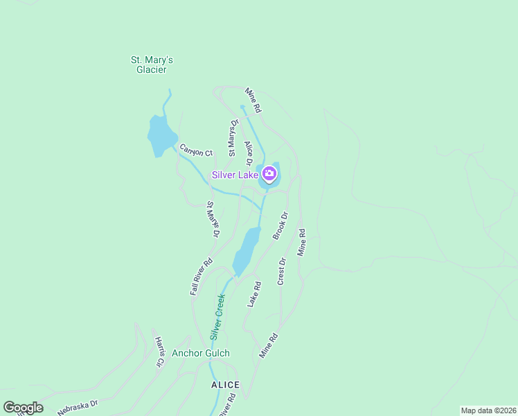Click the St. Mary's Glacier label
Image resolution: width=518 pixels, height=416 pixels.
pyautogui.click(x=152, y=64)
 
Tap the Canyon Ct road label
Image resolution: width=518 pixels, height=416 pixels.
pyautogui.click(x=196, y=150)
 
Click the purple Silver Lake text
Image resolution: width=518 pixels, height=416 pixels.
pyautogui.click(x=235, y=175)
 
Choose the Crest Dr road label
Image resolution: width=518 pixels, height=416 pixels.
pyautogui.click(x=282, y=271)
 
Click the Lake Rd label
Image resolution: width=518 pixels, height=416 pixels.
pyautogui.click(x=254, y=294)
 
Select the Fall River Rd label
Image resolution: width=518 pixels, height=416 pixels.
pyautogui.click(x=201, y=277)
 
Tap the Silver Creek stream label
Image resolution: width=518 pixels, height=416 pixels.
pyautogui.click(x=218, y=316)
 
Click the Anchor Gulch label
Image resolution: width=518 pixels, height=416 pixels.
pyautogui.click(x=201, y=353)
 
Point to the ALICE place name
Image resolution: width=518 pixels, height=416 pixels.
pyautogui.click(x=225, y=385)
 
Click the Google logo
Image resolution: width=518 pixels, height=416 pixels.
pyautogui.click(x=23, y=408)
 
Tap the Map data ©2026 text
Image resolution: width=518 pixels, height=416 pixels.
pyautogui.click(x=488, y=410)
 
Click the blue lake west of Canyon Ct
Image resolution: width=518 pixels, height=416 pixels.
pyautogui.click(x=161, y=135)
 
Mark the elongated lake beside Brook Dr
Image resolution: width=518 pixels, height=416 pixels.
pyautogui.click(x=246, y=251)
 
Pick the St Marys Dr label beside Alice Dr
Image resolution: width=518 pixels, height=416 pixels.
pyautogui.click(x=234, y=132)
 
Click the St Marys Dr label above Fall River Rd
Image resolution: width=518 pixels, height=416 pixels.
pyautogui.click(x=213, y=219)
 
